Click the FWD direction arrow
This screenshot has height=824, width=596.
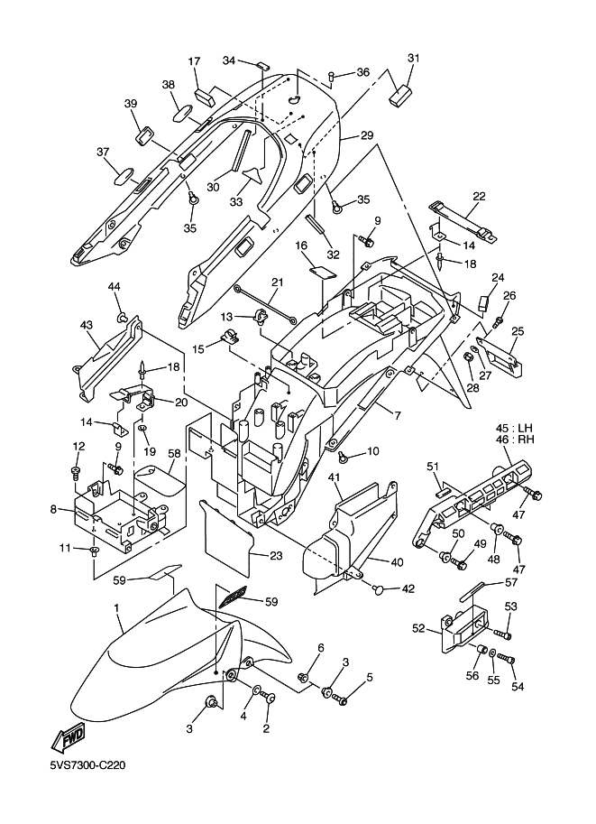(x=70, y=739)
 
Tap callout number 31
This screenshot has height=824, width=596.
(x=414, y=60)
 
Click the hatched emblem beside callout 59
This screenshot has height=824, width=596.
(x=232, y=597)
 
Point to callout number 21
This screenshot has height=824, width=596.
(x=277, y=282)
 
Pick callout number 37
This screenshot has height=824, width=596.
(x=102, y=152)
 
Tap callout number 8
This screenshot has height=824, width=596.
(x=53, y=510)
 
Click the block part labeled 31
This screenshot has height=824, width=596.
(x=400, y=93)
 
